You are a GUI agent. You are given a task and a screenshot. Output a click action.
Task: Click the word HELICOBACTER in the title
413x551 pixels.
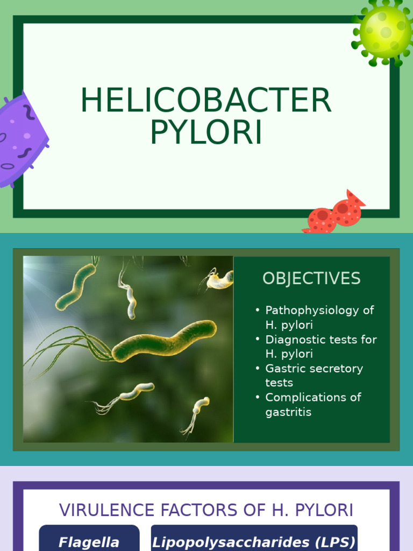click(206, 101)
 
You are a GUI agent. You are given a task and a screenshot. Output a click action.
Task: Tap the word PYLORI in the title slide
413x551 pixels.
click(206, 132)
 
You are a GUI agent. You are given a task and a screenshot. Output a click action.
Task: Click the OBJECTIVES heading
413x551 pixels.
click(311, 279)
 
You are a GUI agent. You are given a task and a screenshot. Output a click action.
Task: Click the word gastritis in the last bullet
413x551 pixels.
click(288, 412)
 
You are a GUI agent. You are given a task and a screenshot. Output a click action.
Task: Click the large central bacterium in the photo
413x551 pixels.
click(164, 341)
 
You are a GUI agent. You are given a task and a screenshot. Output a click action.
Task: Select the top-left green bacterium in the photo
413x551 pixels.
click(75, 287)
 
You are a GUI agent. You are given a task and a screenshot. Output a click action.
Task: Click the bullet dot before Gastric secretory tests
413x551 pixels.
click(258, 369)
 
